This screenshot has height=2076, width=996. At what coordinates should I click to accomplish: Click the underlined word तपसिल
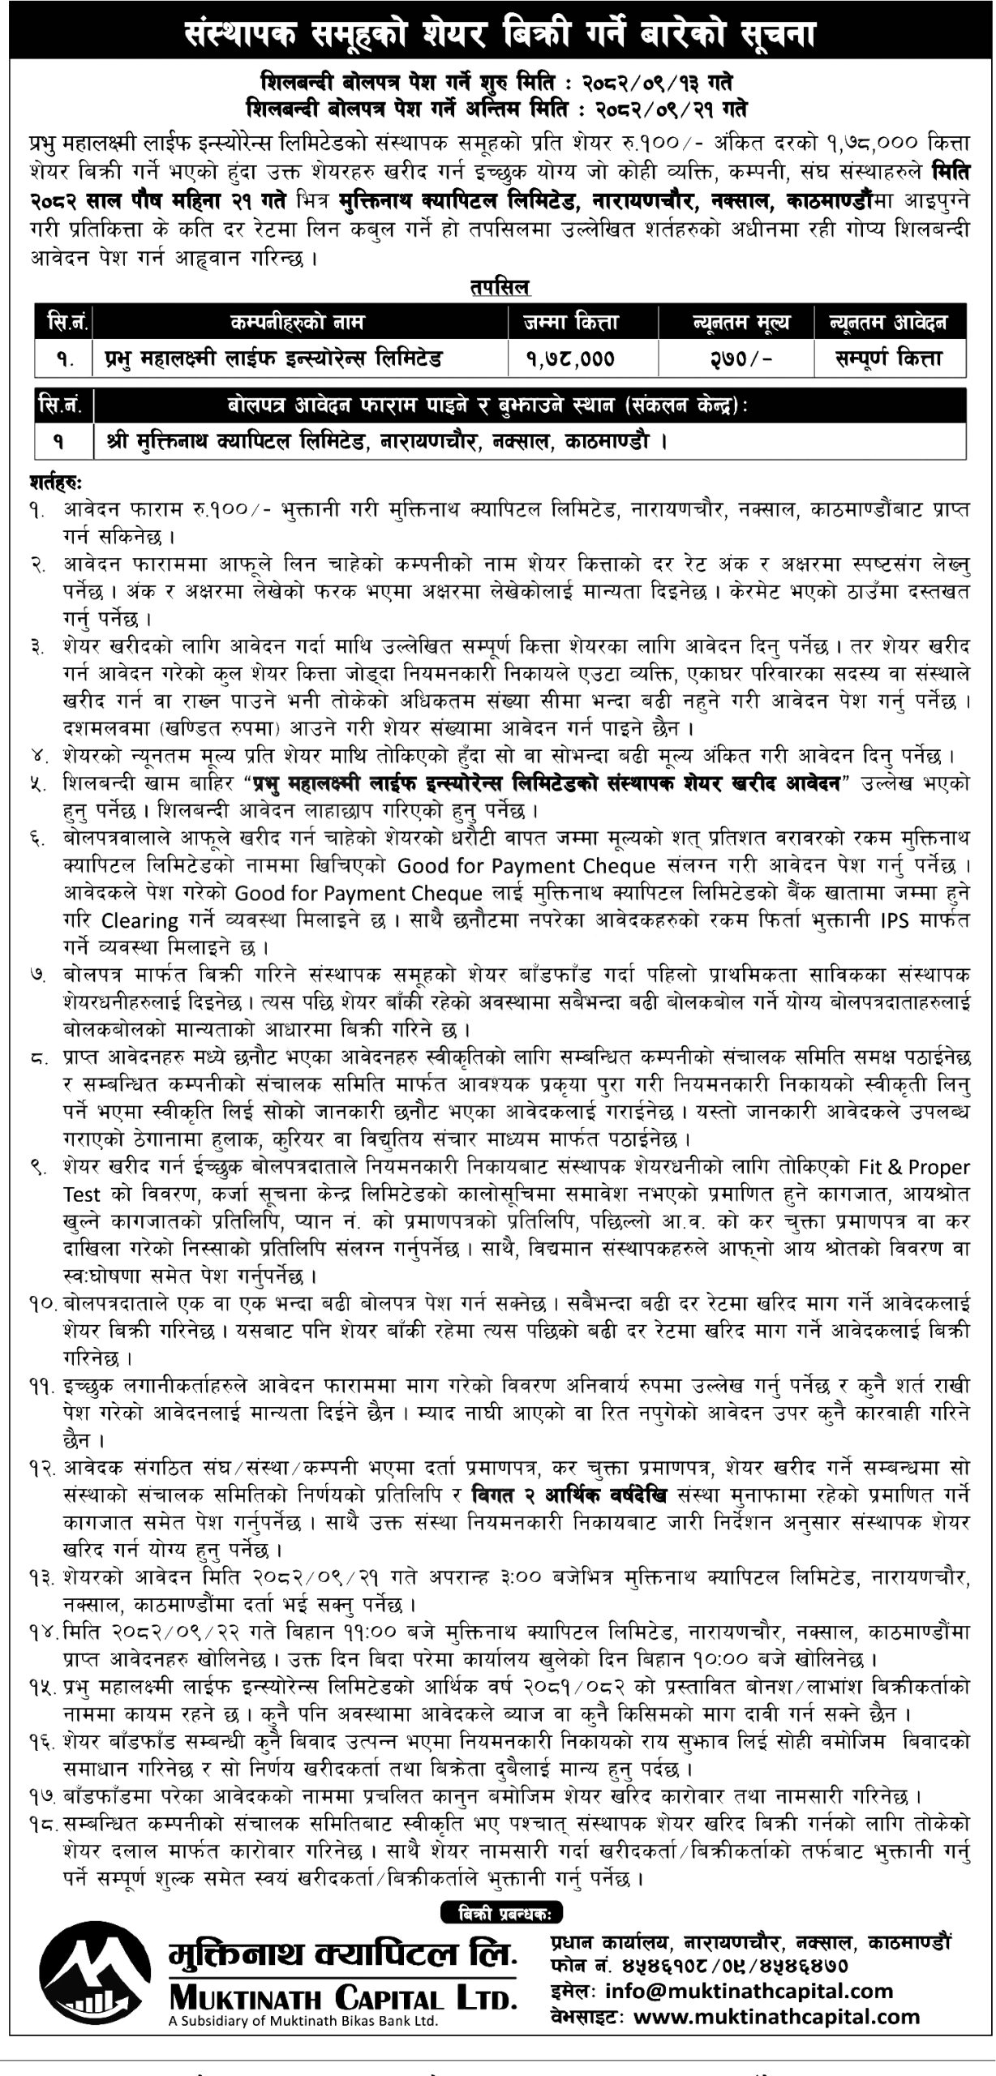point(498,287)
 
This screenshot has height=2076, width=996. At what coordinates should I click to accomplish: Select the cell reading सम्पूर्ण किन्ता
point(889,358)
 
